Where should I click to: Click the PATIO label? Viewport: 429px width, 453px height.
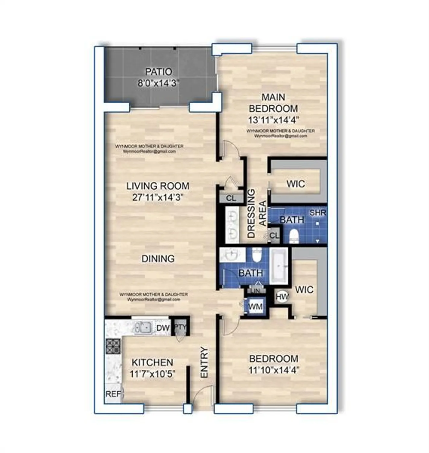click(159, 72)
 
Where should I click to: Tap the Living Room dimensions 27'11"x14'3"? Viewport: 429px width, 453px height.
click(158, 198)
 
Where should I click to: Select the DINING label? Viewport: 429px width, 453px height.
click(158, 259)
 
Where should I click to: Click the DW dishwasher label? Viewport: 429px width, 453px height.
click(163, 328)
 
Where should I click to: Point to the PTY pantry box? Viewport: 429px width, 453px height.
click(181, 327)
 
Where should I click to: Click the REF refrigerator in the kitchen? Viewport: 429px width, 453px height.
click(113, 394)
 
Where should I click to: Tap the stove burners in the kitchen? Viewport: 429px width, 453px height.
click(113, 346)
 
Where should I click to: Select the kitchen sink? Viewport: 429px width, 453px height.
click(143, 327)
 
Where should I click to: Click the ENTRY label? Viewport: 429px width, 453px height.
click(204, 362)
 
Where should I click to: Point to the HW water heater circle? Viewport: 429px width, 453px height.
click(282, 297)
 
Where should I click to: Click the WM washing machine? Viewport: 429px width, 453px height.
click(255, 307)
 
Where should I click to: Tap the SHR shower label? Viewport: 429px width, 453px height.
click(318, 213)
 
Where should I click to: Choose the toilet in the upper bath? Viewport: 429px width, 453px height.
click(294, 236)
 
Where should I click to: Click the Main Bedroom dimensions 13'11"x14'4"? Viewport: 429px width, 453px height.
click(273, 120)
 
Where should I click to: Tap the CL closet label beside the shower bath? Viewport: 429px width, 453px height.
click(274, 236)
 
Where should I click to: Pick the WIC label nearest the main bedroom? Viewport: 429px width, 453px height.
click(295, 184)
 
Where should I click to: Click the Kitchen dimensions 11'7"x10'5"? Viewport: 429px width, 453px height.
click(153, 374)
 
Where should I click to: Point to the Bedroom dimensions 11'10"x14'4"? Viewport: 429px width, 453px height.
click(274, 370)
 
